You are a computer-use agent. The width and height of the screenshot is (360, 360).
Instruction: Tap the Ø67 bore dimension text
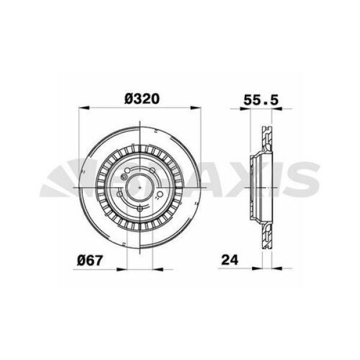[x=91, y=260]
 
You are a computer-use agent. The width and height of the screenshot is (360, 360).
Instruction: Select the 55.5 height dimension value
[x=262, y=100]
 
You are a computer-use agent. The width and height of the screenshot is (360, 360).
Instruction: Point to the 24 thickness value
[x=230, y=260]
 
